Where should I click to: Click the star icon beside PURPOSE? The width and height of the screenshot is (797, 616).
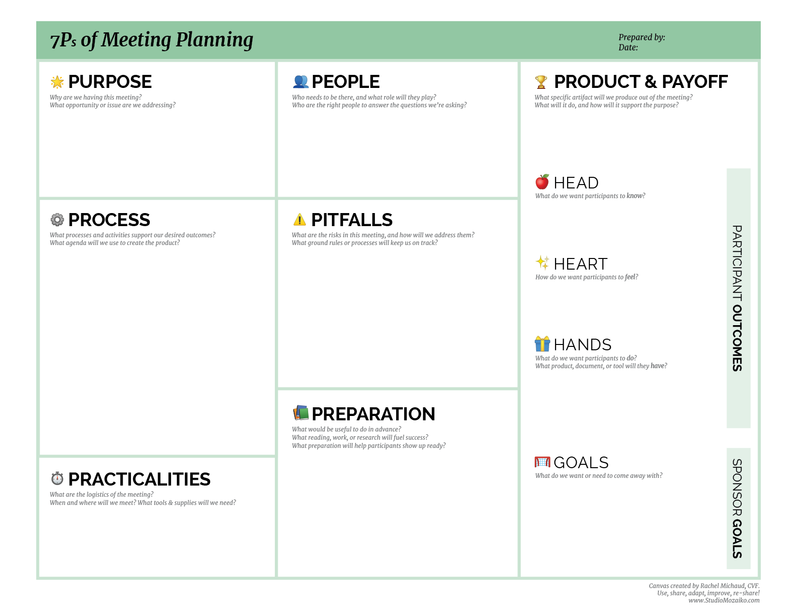(x=57, y=82)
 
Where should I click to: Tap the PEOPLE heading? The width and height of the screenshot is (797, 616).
(x=345, y=82)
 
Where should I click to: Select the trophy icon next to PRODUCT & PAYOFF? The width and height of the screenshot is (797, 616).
(x=541, y=82)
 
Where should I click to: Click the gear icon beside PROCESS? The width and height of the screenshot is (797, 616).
(x=57, y=220)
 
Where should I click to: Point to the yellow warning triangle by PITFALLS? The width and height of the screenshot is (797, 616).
(x=299, y=220)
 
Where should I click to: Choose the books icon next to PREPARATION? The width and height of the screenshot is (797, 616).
(x=300, y=413)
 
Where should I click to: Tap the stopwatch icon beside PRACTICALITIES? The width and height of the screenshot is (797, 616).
(x=57, y=478)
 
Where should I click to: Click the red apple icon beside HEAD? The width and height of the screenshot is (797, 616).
(x=542, y=182)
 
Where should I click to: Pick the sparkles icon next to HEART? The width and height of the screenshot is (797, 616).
(x=542, y=262)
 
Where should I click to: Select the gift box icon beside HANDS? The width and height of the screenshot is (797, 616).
(x=542, y=344)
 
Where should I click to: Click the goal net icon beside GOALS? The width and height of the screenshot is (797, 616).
(x=542, y=462)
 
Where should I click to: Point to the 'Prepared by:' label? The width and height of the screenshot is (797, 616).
(x=641, y=37)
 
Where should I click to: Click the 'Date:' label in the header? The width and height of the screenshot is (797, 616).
(x=628, y=47)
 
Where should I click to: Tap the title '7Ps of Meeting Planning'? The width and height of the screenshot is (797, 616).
(x=151, y=40)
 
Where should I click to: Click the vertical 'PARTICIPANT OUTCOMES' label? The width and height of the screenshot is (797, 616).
(x=737, y=298)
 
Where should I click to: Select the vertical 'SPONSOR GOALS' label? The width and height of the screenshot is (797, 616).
(x=737, y=508)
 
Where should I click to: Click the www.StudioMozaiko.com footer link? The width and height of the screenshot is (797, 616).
(x=724, y=601)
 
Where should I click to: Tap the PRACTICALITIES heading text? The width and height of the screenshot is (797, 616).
(x=139, y=479)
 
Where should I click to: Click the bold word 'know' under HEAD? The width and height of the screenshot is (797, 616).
(x=635, y=196)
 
